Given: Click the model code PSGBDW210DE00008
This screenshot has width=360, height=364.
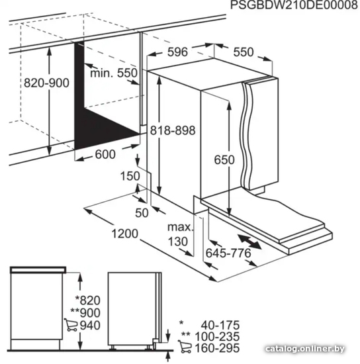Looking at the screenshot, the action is [294, 5].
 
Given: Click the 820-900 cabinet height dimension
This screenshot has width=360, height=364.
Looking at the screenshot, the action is [46, 83].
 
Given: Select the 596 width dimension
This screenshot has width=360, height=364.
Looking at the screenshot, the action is [177, 52].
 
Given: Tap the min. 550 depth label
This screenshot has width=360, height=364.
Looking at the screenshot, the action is [114, 73].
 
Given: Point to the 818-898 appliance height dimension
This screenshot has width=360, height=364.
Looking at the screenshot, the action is [173, 130].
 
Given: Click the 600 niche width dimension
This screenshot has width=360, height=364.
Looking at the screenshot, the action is [105, 154].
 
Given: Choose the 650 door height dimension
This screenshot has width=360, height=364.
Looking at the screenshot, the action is [224, 159].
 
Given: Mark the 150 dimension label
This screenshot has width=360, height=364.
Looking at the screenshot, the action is [130, 176].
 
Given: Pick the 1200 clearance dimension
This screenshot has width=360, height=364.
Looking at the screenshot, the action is [125, 234].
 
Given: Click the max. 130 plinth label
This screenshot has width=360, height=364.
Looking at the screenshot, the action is [181, 234].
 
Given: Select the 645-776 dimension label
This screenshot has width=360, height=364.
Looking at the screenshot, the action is [228, 253].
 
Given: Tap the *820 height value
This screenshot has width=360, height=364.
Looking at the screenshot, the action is [88, 300].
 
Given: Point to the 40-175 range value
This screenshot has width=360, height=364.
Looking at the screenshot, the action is [220, 325].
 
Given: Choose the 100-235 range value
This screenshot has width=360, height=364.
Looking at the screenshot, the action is [217, 337].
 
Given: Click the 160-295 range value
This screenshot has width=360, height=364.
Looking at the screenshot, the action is [217, 348].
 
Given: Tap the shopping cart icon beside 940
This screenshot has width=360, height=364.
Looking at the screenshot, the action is [71, 325].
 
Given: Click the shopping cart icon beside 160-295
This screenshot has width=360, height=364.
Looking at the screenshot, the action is [185, 347].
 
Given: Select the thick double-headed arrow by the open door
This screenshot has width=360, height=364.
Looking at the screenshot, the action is [249, 242].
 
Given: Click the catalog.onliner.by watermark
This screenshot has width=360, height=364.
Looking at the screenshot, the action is [305, 348].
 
